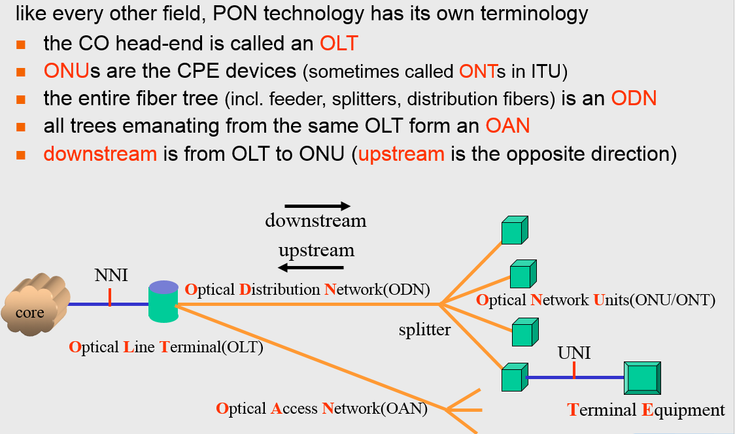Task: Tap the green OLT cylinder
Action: click(163, 302)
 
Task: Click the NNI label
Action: click(111, 275)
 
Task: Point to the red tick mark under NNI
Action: click(110, 297)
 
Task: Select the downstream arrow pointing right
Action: click(318, 206)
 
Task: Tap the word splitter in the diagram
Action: click(424, 329)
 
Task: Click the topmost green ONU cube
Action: click(514, 229)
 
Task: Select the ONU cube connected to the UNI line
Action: click(513, 378)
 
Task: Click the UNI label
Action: click(573, 353)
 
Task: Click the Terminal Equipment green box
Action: click(642, 378)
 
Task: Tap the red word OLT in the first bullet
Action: click(339, 44)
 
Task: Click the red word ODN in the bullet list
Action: click(634, 99)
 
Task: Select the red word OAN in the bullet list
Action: click(507, 126)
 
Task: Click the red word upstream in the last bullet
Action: click(401, 154)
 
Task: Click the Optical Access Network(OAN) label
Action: click(321, 409)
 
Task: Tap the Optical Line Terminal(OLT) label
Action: click(165, 347)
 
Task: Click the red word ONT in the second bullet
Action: click(477, 71)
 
